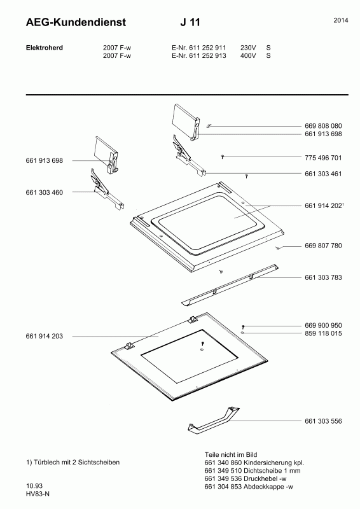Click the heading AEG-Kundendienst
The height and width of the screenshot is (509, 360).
76,22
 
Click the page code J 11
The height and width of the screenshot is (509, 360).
190,22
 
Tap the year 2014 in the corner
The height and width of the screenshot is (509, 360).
341,20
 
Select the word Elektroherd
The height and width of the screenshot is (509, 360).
45,48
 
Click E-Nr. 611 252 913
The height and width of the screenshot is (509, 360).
198,55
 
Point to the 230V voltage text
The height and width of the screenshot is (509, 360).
248,48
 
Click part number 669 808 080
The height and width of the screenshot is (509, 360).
323,126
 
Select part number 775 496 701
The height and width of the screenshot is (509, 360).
323,158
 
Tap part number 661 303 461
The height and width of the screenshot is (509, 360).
323,174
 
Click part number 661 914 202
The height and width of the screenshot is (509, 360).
323,206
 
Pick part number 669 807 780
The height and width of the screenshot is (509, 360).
323,246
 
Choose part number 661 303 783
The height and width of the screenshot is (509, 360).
323,277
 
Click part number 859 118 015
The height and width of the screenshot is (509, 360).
323,333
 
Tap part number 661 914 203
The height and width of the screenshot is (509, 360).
45,337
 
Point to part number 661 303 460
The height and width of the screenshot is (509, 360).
45,193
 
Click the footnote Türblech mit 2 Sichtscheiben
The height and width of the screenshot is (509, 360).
76,463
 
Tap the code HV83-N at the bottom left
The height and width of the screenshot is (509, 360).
38,494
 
